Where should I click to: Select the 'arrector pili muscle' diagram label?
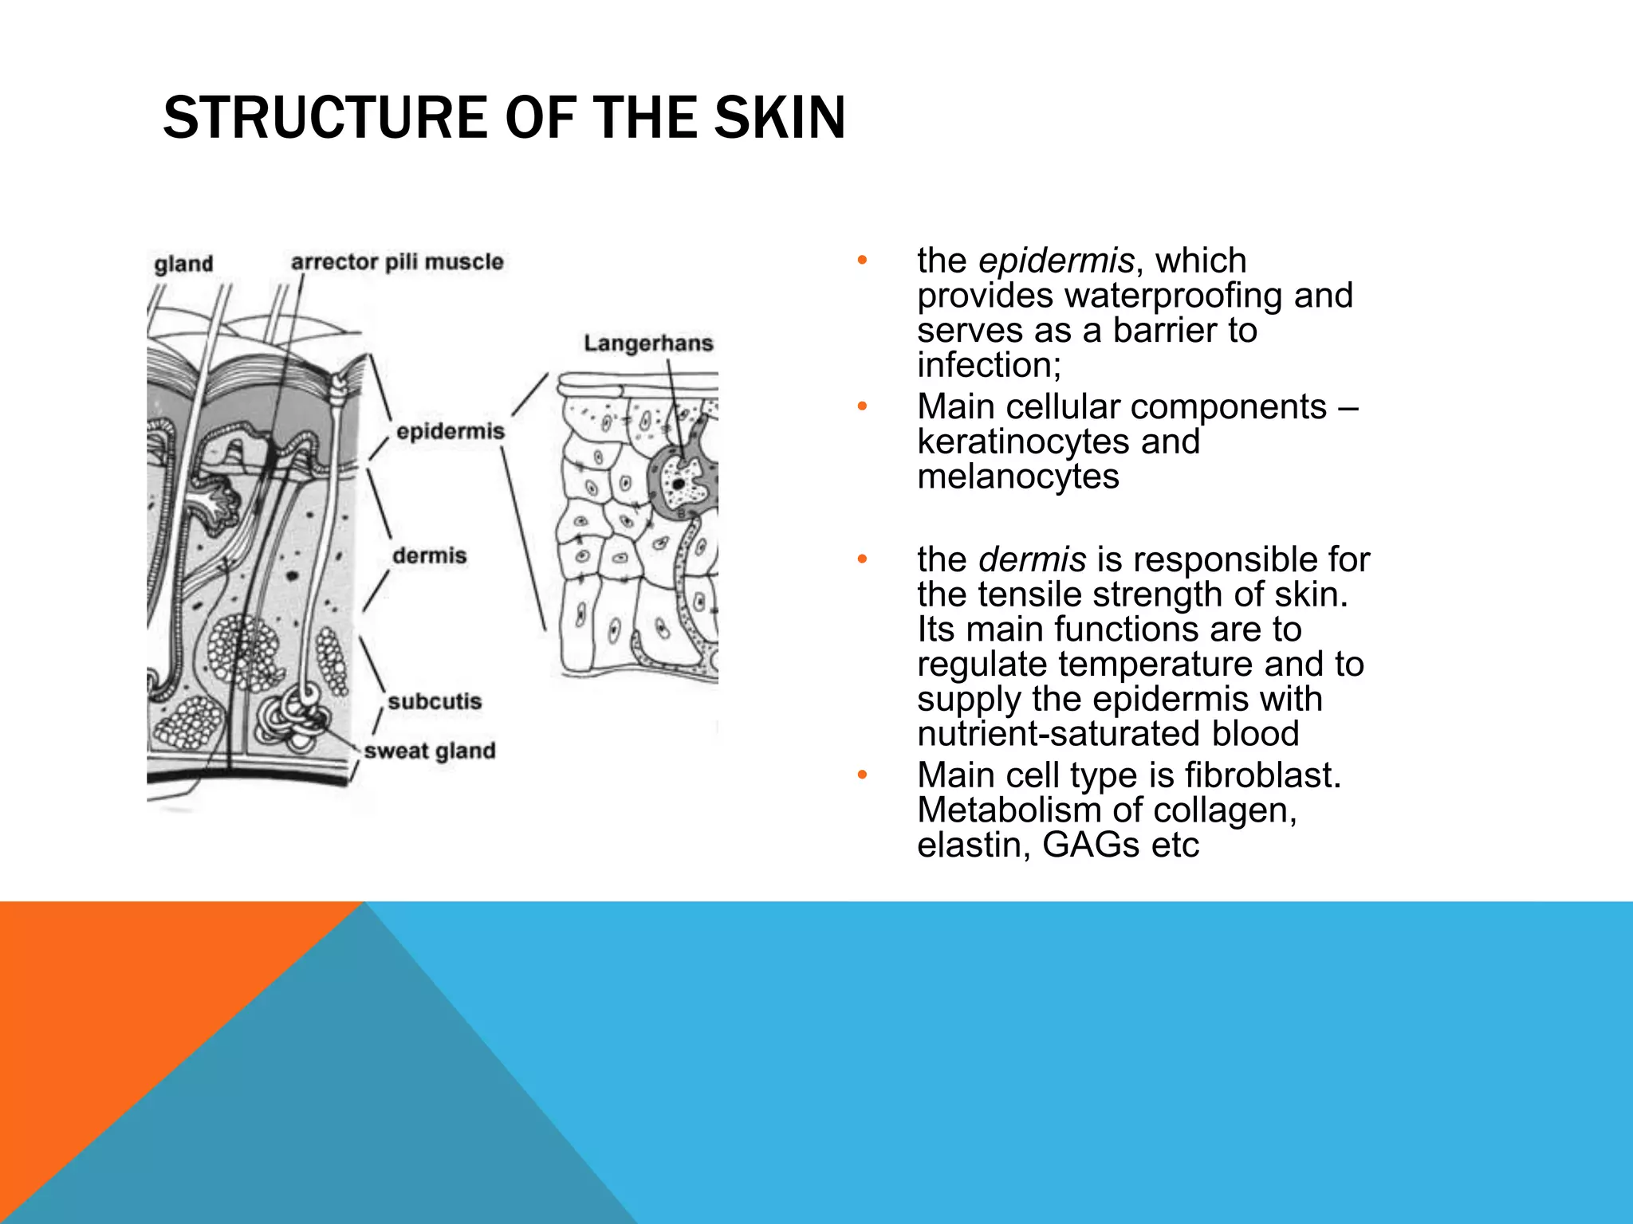coord(397,262)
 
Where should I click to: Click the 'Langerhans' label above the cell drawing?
coord(648,343)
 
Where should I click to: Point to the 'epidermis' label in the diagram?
coord(451,431)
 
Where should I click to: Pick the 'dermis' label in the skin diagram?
coord(429,555)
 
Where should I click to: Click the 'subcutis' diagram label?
coord(435,701)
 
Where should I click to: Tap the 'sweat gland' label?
coord(430,751)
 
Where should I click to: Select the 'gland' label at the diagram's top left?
coord(183,264)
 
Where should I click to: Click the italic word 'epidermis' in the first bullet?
coord(1056,261)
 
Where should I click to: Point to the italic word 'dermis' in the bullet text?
coord(1032,559)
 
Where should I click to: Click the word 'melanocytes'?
coord(1018,477)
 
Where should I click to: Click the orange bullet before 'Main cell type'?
coord(861,775)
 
